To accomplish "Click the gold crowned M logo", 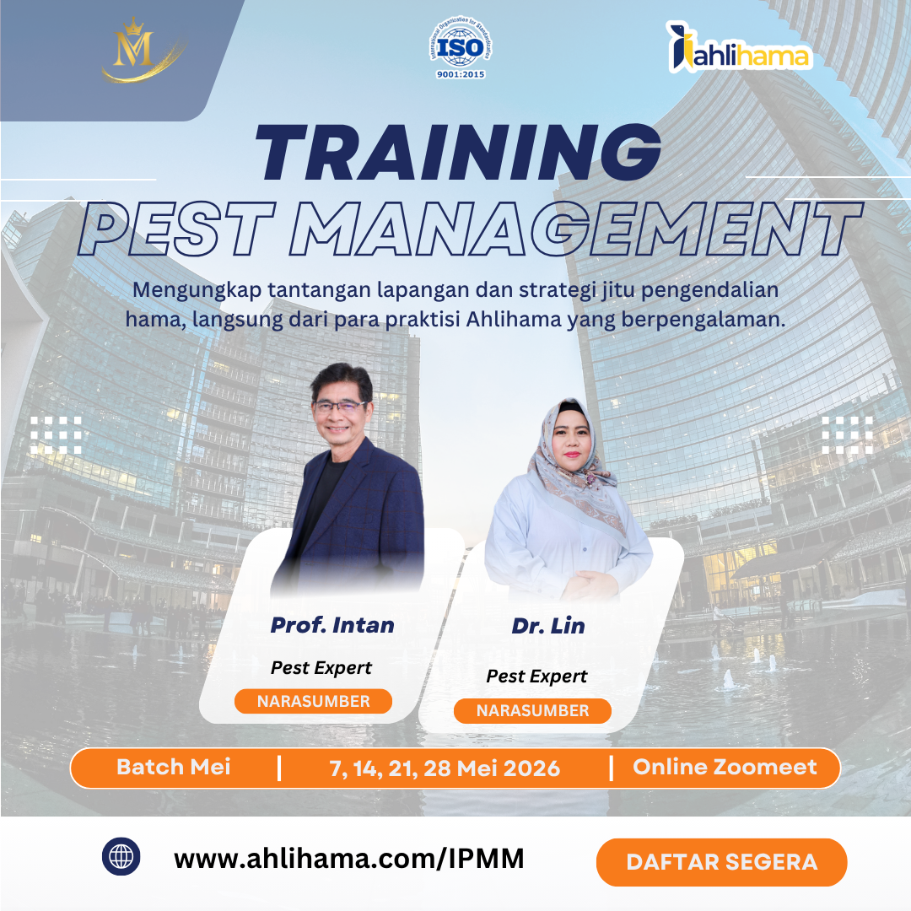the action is pyautogui.click(x=139, y=50).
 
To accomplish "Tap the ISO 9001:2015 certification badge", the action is pyautogui.click(x=461, y=47).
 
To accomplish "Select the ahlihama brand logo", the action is pyautogui.click(x=738, y=47).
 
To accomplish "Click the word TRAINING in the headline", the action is pyautogui.click(x=458, y=152).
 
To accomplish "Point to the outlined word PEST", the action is pyautogui.click(x=176, y=229).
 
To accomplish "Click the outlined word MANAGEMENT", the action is pyautogui.click(x=576, y=229).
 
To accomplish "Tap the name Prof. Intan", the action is pyautogui.click(x=332, y=625).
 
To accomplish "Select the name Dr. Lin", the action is pyautogui.click(x=548, y=626).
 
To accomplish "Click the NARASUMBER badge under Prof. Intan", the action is pyautogui.click(x=313, y=701).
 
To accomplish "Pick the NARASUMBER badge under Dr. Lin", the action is pyautogui.click(x=532, y=710).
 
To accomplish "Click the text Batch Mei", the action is pyautogui.click(x=173, y=767).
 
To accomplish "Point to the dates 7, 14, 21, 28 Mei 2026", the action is pyautogui.click(x=445, y=768).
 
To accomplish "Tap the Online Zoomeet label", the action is pyautogui.click(x=725, y=767).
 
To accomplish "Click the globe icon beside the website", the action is pyautogui.click(x=121, y=856).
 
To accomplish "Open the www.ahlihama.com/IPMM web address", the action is pyautogui.click(x=348, y=859).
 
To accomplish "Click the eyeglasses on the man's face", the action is pyautogui.click(x=340, y=406).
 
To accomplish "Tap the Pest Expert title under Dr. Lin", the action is pyautogui.click(x=536, y=677).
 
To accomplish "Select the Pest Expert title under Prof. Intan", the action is pyautogui.click(x=321, y=668).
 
